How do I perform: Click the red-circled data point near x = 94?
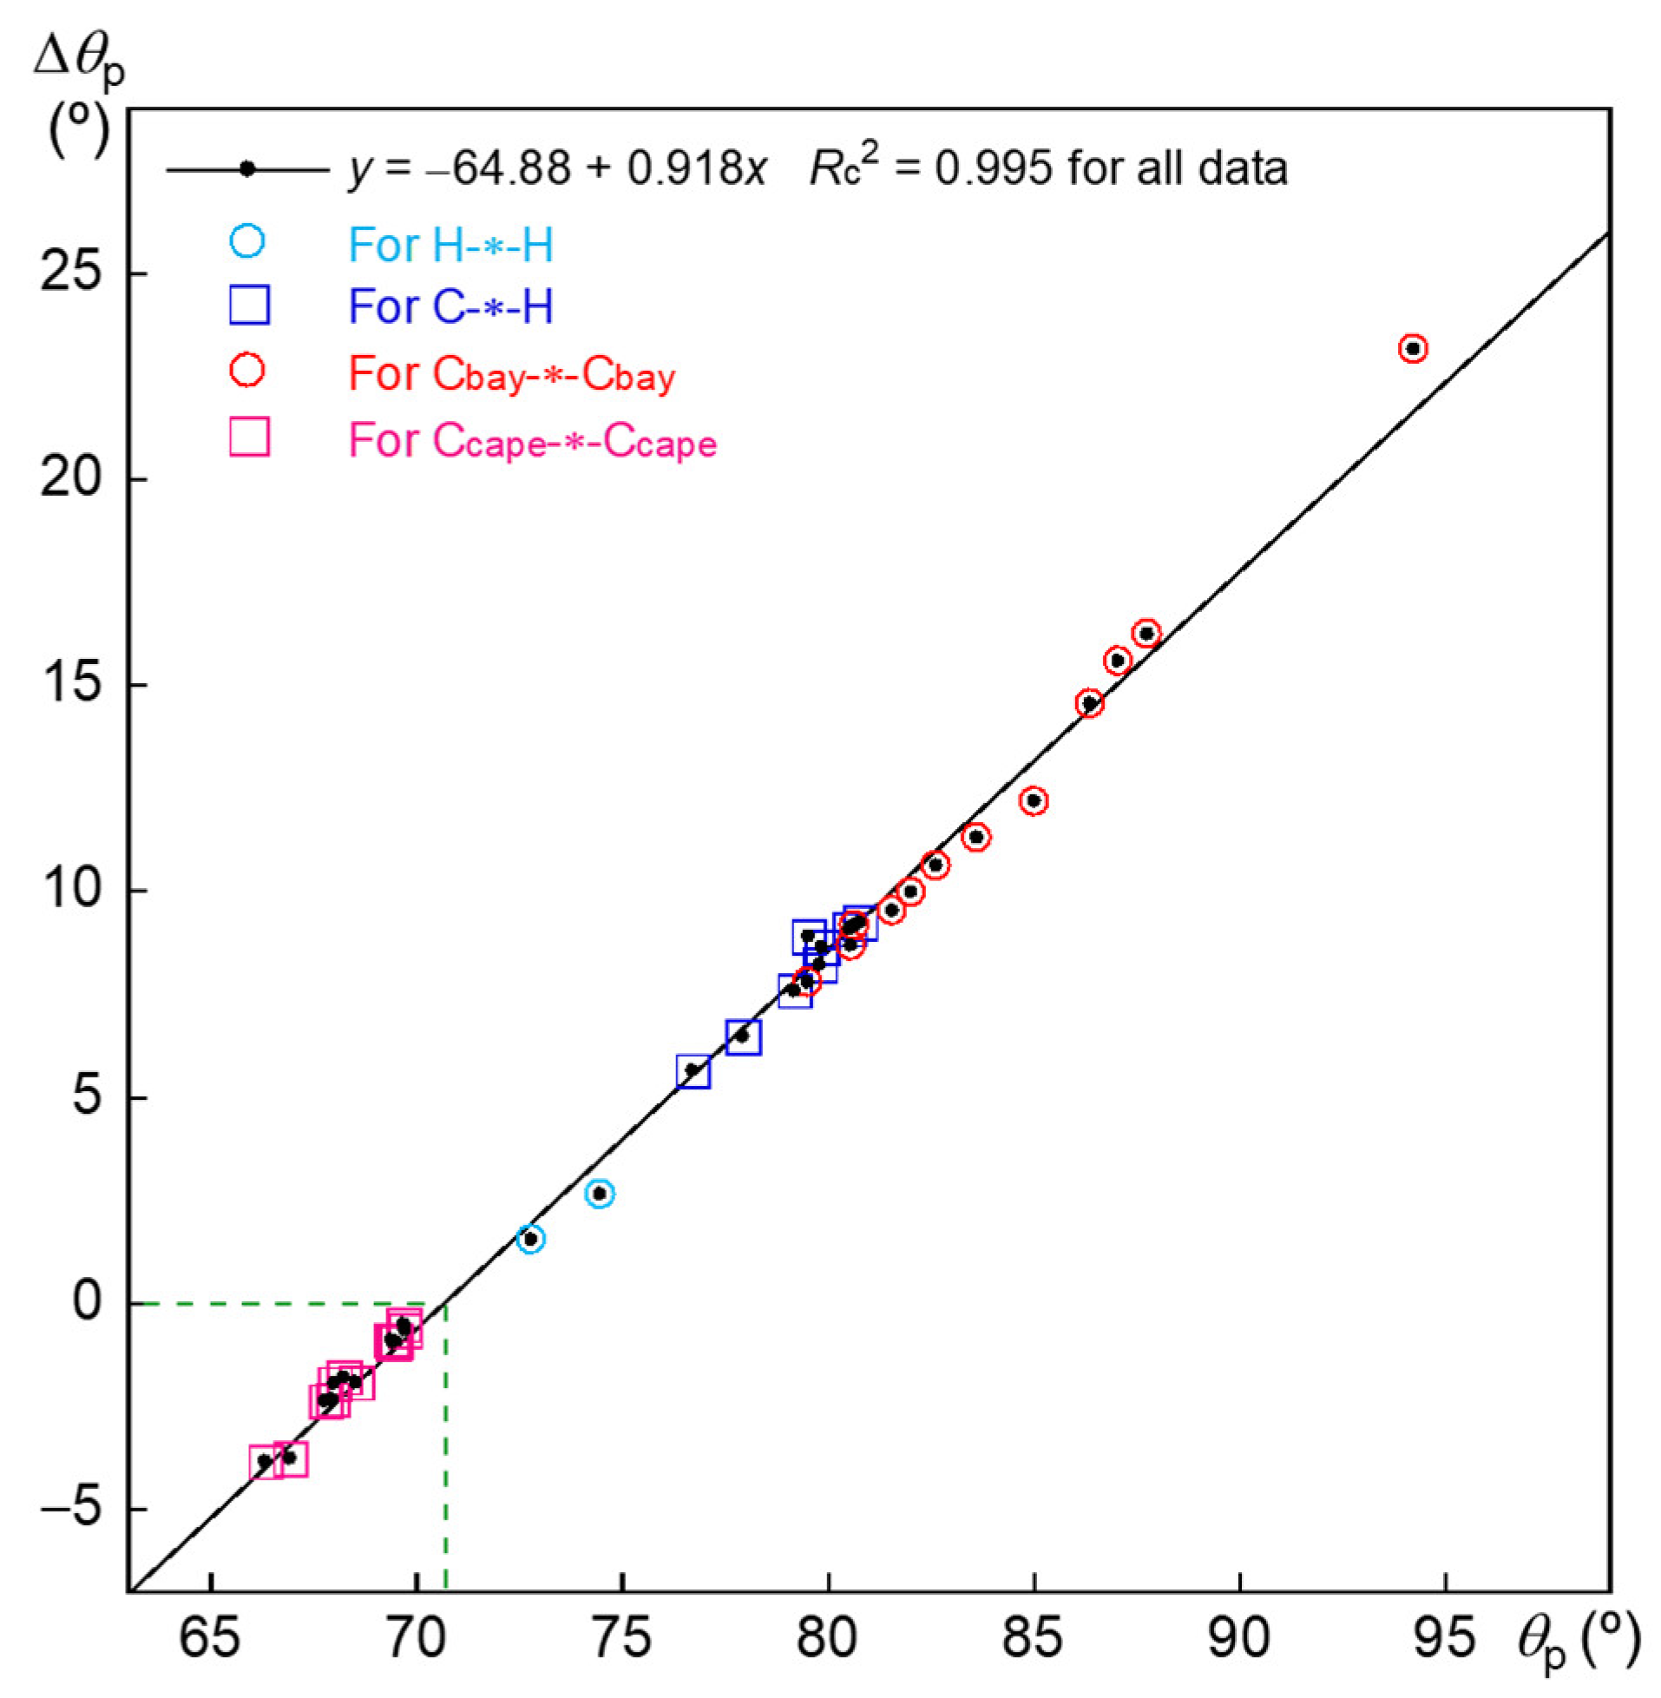(x=1413, y=349)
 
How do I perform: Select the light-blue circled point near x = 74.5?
(x=600, y=1193)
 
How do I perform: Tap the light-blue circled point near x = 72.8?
(x=530, y=1239)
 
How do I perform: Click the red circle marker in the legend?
(x=246, y=372)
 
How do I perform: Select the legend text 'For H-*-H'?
(x=451, y=246)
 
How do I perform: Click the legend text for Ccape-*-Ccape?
(x=532, y=442)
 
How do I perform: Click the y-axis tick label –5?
(x=72, y=1510)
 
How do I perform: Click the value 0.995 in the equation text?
(x=994, y=168)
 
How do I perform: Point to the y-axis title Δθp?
(x=78, y=63)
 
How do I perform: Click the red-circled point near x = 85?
(x=1034, y=800)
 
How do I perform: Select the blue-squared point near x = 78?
(x=743, y=1037)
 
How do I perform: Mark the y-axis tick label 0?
(x=88, y=1304)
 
